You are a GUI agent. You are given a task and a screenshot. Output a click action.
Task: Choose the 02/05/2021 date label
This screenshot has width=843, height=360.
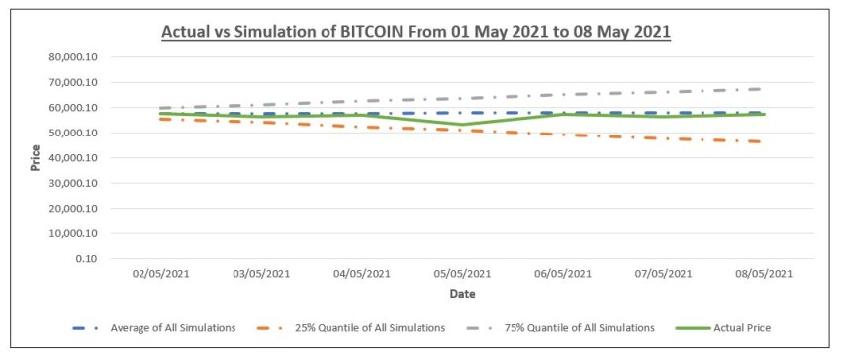pyautogui.click(x=161, y=274)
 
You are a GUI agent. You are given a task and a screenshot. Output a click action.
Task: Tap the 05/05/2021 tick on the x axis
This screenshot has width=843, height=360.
pyautogui.click(x=462, y=274)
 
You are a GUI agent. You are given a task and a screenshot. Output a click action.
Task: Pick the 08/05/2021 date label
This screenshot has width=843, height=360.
pyautogui.click(x=764, y=274)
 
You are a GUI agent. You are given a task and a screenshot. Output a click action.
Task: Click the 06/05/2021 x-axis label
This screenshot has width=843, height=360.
pyautogui.click(x=563, y=274)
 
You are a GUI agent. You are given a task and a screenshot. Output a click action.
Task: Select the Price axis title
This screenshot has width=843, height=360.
pyautogui.click(x=36, y=158)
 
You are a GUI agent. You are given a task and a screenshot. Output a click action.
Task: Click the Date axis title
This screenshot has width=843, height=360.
pyautogui.click(x=462, y=295)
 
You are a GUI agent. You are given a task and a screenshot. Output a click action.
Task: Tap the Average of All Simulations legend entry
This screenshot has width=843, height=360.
pyautogui.click(x=153, y=328)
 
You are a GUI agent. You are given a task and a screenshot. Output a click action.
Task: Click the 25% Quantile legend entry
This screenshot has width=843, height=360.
pyautogui.click(x=351, y=328)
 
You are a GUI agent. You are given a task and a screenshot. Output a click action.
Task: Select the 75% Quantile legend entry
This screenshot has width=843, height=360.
pyautogui.click(x=561, y=328)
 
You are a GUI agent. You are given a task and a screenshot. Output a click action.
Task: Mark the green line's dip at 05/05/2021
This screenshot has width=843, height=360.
pyautogui.click(x=462, y=125)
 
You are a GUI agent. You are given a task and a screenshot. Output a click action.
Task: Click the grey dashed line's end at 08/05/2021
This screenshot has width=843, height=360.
pyautogui.click(x=762, y=89)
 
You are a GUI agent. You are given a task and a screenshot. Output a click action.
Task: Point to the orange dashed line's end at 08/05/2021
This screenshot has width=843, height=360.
pyautogui.click(x=762, y=141)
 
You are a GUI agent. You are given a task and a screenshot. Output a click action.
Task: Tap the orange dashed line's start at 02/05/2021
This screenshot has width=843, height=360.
pyautogui.click(x=161, y=119)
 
